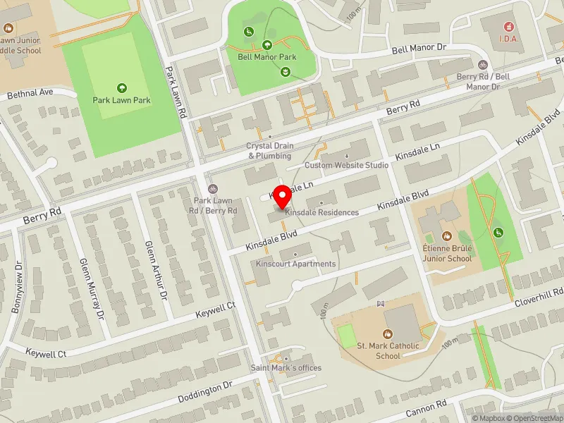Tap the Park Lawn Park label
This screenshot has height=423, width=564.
(122, 100)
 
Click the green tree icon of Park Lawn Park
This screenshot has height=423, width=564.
(122, 88)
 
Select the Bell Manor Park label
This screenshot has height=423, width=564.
(266, 57)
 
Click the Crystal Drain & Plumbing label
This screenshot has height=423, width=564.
(269, 151)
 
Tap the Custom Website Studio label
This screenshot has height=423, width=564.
(346, 165)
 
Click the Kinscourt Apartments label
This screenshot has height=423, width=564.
(295, 264)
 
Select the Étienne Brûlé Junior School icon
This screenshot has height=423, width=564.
(446, 235)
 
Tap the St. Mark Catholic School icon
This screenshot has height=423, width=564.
(387, 333)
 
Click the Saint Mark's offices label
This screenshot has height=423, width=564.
(286, 368)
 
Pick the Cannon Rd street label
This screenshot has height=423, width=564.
(426, 409)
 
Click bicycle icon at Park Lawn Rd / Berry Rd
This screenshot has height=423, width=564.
(213, 188)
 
